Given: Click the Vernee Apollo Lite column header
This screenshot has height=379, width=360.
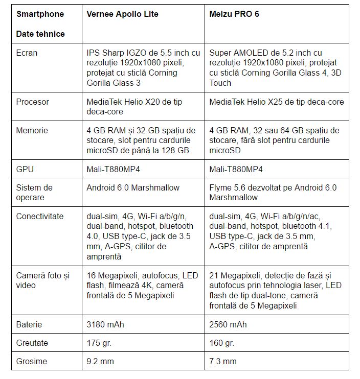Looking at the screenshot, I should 122,14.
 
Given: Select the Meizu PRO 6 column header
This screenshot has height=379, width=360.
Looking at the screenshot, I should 234,14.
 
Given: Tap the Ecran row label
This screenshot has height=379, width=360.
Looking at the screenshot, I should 27,53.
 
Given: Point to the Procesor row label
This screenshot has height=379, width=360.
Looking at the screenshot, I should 33,102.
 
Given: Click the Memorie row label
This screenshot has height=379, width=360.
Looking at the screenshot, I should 32,130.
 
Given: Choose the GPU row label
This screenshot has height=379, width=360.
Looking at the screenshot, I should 25,169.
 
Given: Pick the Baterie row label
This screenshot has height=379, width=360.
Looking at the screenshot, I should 29,324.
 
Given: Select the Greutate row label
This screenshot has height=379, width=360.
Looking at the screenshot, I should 32,343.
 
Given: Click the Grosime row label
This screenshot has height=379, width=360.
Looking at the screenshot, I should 32,361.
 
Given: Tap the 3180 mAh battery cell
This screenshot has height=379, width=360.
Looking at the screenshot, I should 105,324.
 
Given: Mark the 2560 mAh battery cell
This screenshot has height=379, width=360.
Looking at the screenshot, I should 228,324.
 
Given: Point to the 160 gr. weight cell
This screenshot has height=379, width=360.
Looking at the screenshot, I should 222,343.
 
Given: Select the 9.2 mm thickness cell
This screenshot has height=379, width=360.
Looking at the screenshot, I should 100,361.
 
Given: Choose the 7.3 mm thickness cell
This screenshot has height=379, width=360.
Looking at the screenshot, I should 223,361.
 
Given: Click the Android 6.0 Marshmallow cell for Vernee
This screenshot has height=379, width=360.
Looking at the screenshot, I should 133,187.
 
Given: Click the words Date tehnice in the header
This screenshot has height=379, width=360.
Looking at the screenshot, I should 40,34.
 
